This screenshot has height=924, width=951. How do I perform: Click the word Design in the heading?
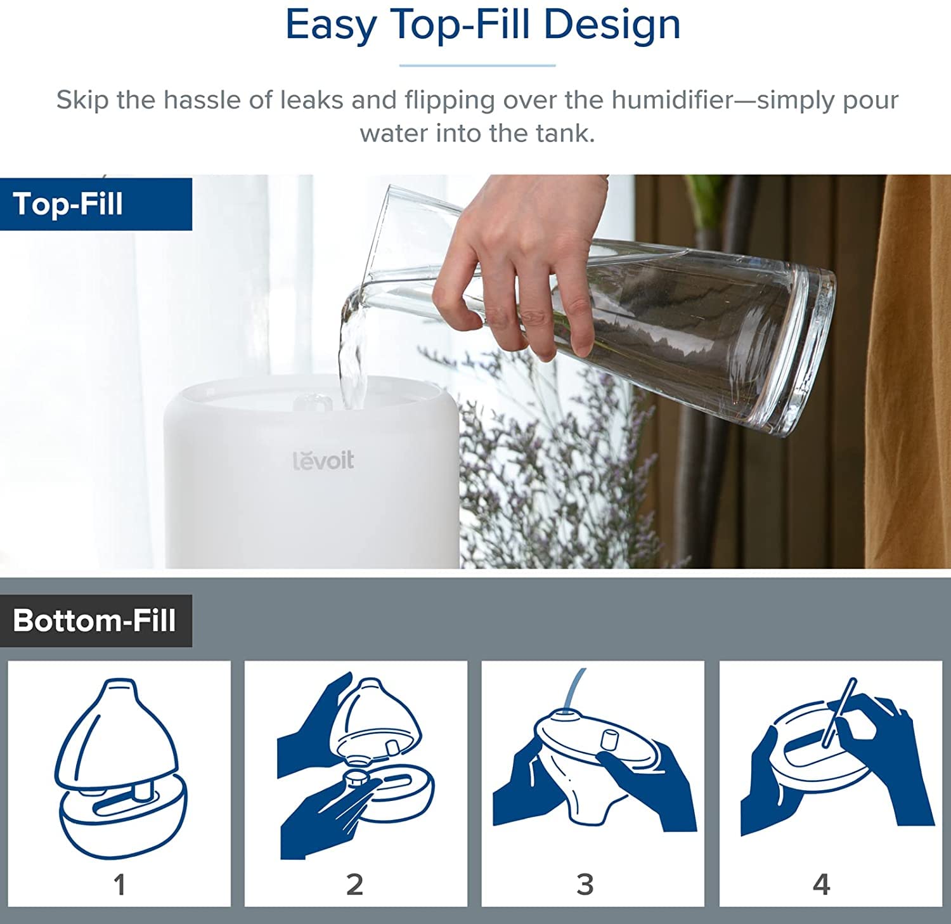click(x=612, y=25)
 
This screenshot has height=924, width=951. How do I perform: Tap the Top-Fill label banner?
click(x=96, y=204)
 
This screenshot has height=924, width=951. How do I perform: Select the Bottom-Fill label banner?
click(x=96, y=620)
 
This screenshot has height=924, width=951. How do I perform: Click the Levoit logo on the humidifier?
click(x=323, y=460)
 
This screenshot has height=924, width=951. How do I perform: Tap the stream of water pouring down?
click(x=353, y=355)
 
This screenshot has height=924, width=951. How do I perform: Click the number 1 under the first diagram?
click(x=119, y=884)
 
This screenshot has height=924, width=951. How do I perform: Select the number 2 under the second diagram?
click(x=355, y=884)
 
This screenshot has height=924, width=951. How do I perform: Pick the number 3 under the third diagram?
click(x=585, y=884)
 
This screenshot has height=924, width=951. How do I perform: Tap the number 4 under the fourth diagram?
click(x=821, y=884)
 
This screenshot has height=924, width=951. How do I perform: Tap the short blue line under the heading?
click(x=477, y=65)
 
